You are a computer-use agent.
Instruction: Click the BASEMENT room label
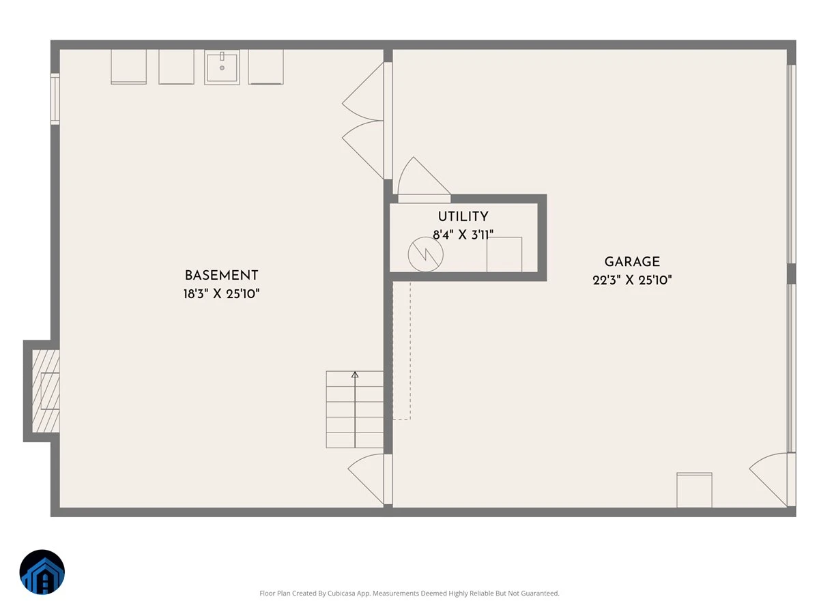[221, 276]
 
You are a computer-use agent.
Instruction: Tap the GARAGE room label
[632, 262]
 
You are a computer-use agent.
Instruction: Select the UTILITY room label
[463, 216]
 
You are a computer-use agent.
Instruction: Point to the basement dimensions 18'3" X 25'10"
[221, 294]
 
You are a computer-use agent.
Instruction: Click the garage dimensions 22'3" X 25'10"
[632, 280]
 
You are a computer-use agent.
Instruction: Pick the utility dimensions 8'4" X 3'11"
[463, 235]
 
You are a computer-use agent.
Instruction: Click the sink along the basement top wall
[222, 68]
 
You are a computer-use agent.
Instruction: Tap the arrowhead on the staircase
[355, 375]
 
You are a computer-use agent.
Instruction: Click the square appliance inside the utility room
[504, 254]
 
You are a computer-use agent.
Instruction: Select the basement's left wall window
[55, 99]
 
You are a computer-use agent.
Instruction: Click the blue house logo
[42, 572]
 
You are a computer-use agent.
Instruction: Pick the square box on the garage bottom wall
[694, 490]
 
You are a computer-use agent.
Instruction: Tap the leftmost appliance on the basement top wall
[129, 67]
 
